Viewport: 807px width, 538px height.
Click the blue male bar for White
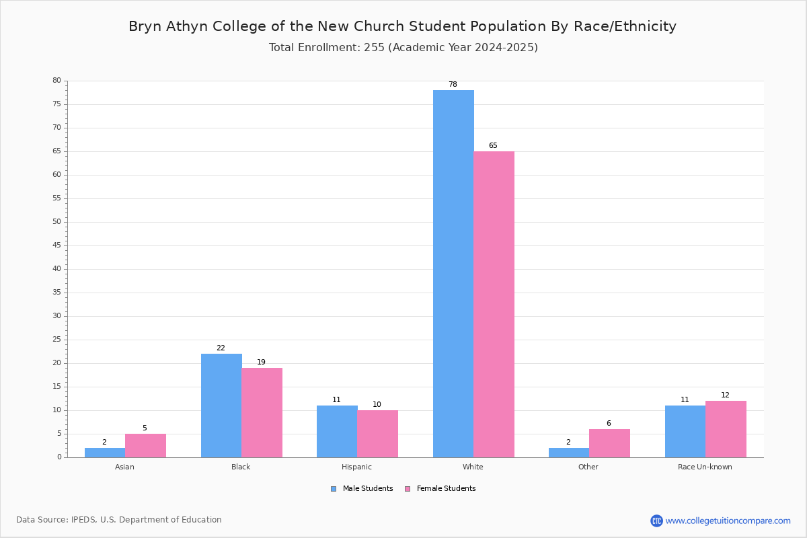453,274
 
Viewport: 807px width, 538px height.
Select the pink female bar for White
494,305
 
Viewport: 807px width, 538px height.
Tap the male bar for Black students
221,406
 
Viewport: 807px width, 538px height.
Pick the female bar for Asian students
145,446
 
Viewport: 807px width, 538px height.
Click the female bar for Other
609,443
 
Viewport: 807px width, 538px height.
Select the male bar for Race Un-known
685,432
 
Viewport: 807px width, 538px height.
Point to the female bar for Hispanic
377,434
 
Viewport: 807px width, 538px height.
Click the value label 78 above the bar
453,84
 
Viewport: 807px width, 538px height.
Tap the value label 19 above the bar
261,362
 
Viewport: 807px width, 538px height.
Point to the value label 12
725,395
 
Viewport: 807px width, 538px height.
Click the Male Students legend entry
362,489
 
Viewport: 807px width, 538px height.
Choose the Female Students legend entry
440,489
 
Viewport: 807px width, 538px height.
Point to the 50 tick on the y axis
57,222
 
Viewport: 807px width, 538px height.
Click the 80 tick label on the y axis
57,80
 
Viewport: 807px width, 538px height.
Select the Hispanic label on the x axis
356,467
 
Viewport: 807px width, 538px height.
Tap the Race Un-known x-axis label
705,467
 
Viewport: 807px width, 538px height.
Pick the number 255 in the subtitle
375,48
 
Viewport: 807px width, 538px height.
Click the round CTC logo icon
656,521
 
